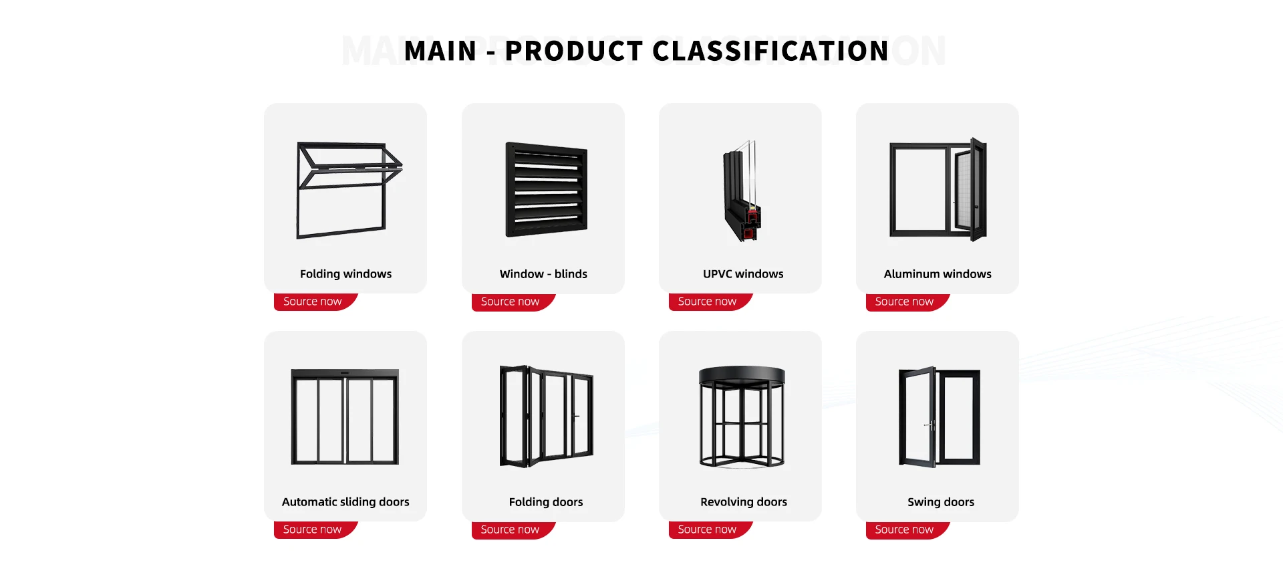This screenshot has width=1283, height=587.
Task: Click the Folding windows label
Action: pos(345,274)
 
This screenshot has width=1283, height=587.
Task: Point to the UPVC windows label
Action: pos(743,274)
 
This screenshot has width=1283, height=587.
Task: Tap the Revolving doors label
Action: pos(744,502)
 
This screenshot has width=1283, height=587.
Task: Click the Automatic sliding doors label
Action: pos(345,502)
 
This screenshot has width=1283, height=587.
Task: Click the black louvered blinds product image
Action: pos(547,190)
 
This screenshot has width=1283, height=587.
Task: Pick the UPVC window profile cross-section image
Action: pos(742,191)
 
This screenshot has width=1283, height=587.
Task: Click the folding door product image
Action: pos(547,416)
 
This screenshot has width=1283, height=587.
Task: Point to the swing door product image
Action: pos(939,417)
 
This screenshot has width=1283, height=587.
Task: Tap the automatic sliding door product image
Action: pos(345,417)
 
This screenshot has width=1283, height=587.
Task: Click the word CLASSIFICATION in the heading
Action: pos(770,51)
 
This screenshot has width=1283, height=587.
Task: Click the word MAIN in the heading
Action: pos(440,51)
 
